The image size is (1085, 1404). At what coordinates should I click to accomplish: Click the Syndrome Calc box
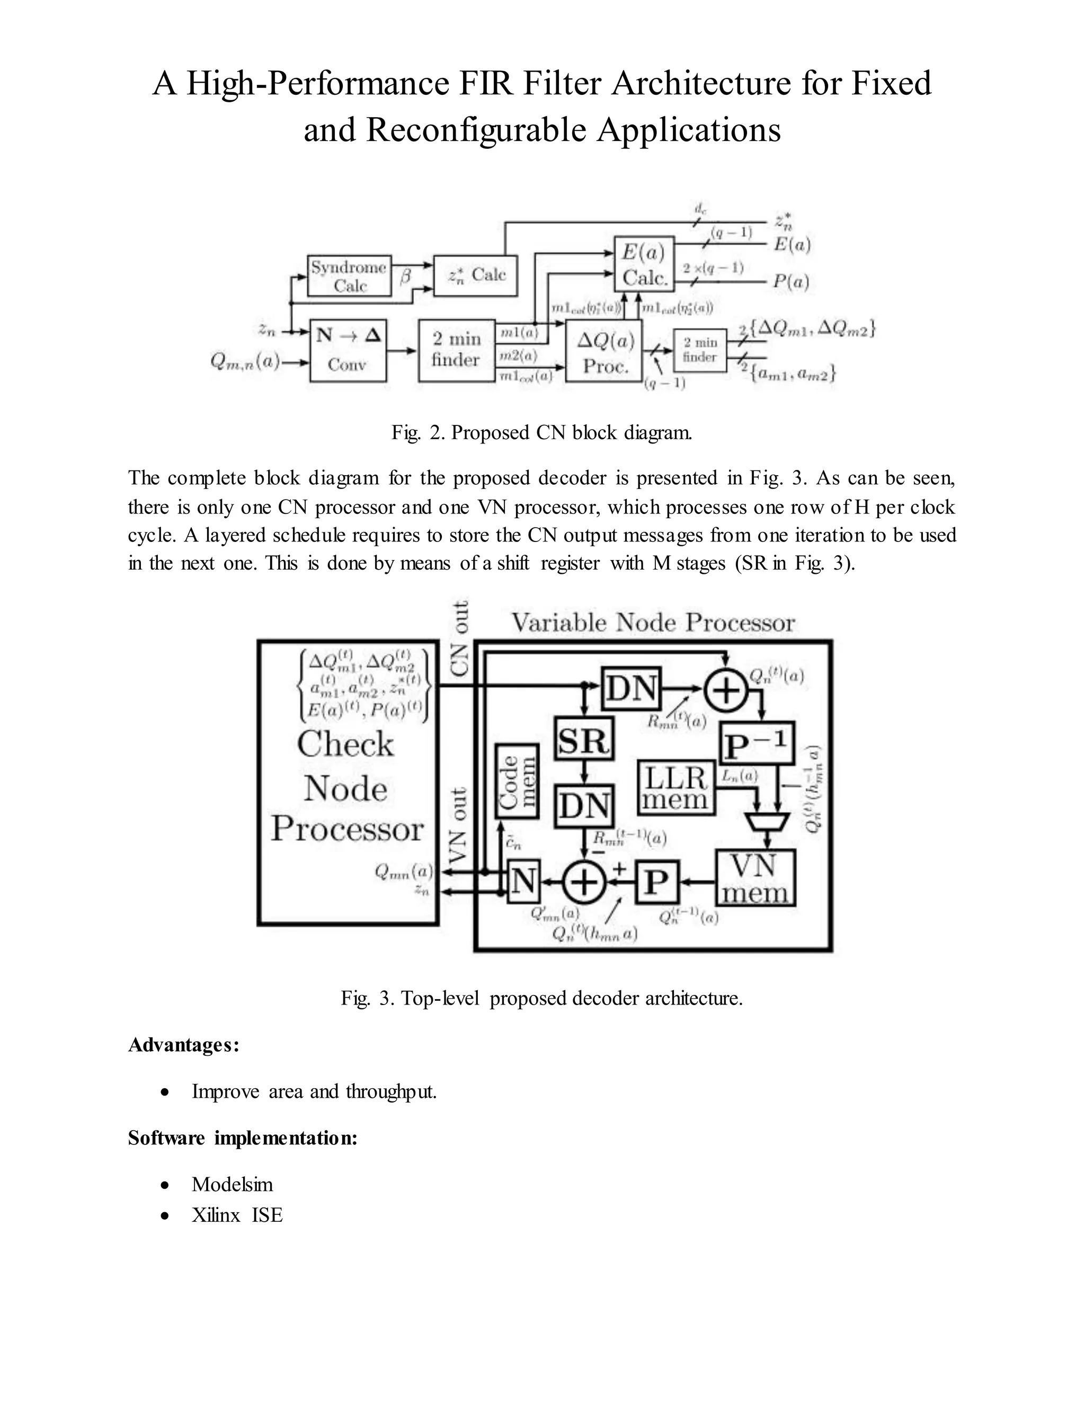350,276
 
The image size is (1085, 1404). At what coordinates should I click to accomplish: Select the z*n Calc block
476,276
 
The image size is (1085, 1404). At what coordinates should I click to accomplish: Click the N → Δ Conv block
348,350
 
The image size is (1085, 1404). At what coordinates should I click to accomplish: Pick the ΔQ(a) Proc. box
604,353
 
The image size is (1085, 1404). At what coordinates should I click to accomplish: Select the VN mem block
755,878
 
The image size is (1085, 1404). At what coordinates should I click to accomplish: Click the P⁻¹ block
757,744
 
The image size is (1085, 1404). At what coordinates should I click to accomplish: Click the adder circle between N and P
584,883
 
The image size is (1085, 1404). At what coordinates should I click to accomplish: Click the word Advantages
183,1045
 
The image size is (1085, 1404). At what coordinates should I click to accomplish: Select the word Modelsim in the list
232,1184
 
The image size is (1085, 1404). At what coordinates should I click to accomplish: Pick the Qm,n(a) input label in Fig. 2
245,362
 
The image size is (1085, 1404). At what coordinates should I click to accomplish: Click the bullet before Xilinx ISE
166,1215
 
